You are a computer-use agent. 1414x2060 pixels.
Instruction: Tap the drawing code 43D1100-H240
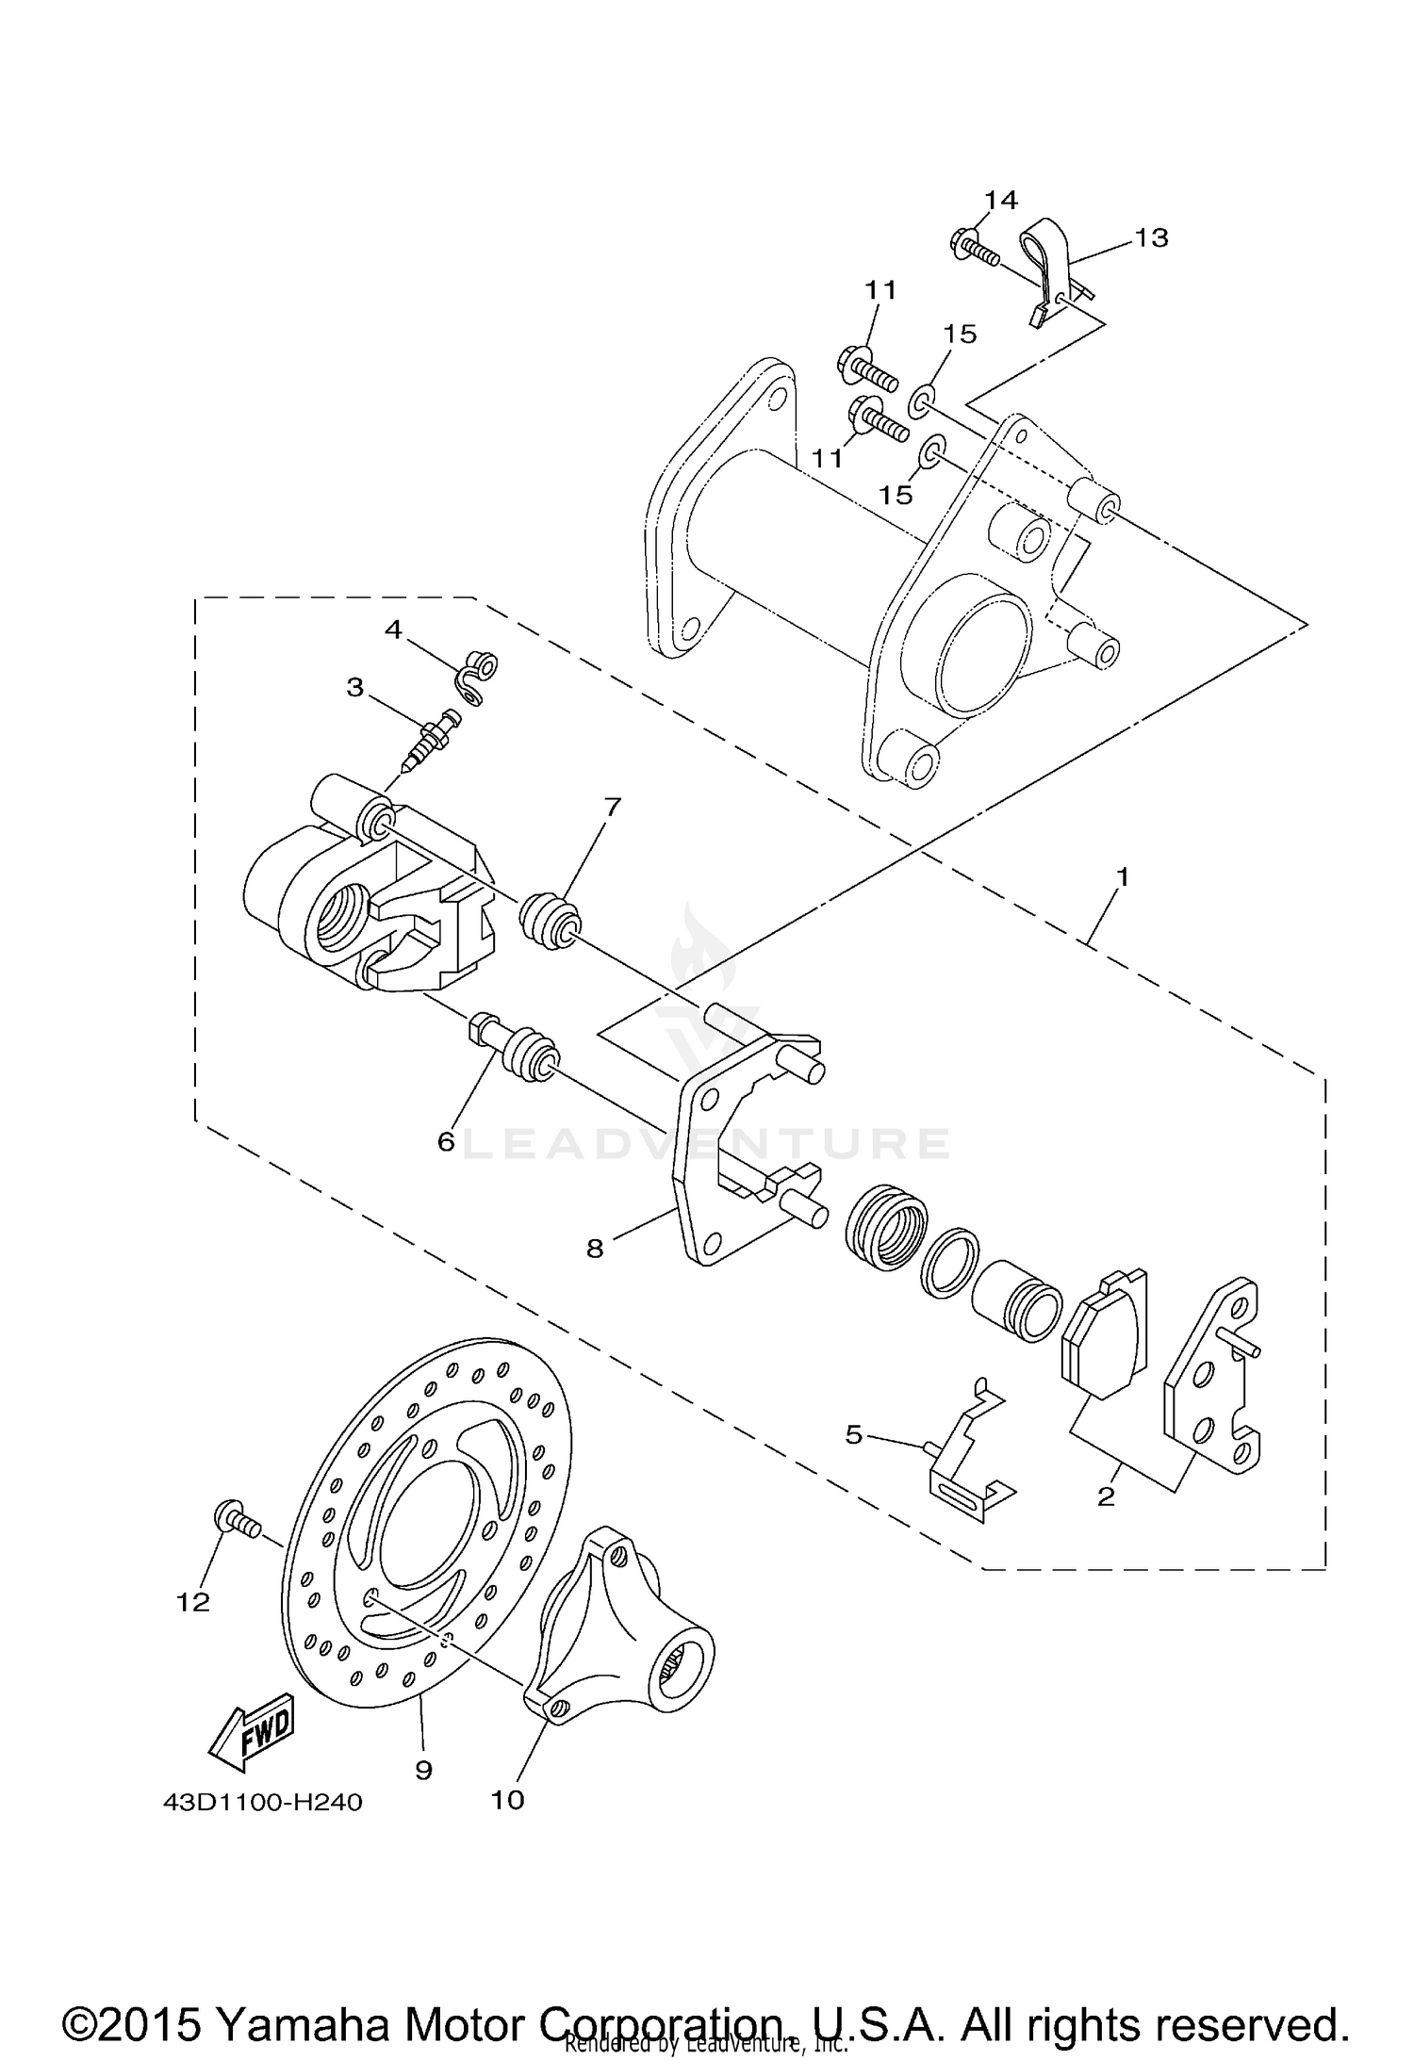[x=262, y=1803]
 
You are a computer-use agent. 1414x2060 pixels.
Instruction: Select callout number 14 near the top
[x=1001, y=200]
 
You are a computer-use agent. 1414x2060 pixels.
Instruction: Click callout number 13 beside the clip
[x=1150, y=237]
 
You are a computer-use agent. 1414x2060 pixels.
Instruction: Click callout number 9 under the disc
[x=423, y=1770]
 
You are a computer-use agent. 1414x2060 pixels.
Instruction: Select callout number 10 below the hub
[x=507, y=1799]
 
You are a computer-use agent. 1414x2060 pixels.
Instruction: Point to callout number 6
[x=446, y=1141]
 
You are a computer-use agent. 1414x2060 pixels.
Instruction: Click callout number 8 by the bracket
[x=595, y=1249]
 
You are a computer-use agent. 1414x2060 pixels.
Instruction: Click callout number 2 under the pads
[x=1107, y=1496]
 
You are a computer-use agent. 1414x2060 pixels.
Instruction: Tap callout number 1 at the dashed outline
[x=1122, y=876]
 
